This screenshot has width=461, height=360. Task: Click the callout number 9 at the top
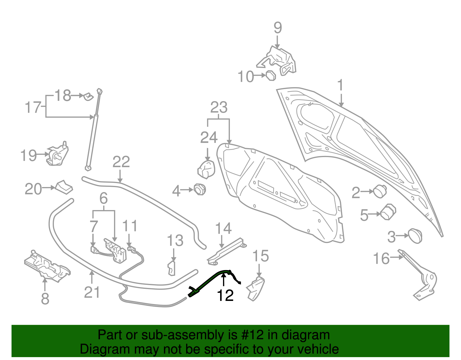click(277, 28)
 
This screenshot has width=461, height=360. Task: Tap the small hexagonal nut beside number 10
click(271, 76)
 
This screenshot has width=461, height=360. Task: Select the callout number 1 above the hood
click(341, 85)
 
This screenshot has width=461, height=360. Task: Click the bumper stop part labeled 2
click(380, 191)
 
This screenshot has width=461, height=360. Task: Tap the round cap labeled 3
click(415, 236)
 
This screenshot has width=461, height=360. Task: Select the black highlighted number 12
click(225, 295)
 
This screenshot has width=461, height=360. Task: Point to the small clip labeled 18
click(88, 96)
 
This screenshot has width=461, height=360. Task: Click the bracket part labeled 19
click(58, 155)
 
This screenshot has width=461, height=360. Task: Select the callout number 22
click(121, 162)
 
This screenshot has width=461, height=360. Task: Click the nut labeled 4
click(199, 189)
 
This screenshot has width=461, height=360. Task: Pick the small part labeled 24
click(207, 170)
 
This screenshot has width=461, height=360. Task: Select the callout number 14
click(223, 228)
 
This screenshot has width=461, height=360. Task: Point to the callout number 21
click(92, 292)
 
